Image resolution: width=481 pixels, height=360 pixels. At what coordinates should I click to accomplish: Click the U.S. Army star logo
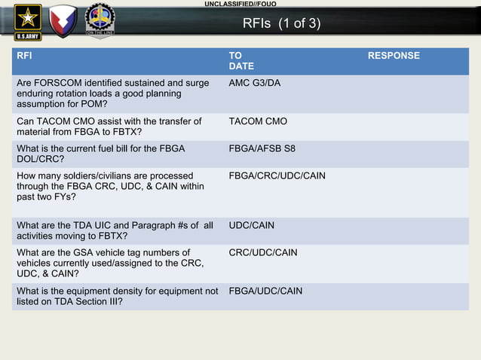29,20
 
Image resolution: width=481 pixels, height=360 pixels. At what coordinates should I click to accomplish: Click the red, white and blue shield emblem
63,20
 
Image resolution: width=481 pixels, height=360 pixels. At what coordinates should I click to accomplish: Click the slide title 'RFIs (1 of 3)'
281,23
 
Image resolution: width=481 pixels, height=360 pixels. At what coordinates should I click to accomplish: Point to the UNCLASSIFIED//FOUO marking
240,5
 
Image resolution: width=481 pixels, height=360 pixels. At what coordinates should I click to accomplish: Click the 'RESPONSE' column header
394,56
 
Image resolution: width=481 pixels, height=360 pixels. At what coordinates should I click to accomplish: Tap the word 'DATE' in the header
241,67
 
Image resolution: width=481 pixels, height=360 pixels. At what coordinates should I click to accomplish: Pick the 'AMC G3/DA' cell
254,82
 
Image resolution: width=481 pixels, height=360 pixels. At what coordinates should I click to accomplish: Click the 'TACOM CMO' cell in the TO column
258,121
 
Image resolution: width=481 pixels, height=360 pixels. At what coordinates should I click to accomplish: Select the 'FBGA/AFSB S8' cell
262,148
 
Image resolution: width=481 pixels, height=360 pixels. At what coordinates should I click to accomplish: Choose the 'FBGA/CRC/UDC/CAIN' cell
277,175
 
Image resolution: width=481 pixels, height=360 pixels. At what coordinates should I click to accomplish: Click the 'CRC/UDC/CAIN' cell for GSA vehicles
262,252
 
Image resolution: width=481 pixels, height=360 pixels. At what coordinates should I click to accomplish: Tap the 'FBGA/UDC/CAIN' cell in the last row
265,291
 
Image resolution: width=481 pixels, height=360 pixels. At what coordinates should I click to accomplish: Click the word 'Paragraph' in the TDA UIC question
142,225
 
